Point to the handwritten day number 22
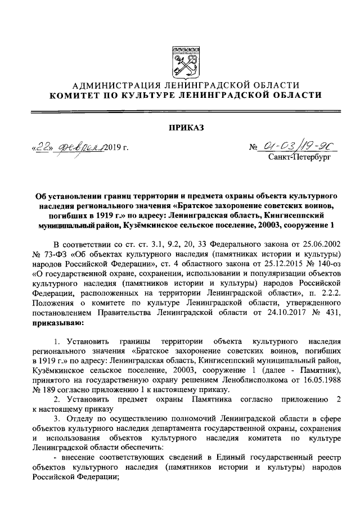coord(42,148)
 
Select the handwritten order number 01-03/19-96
coord(299,147)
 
